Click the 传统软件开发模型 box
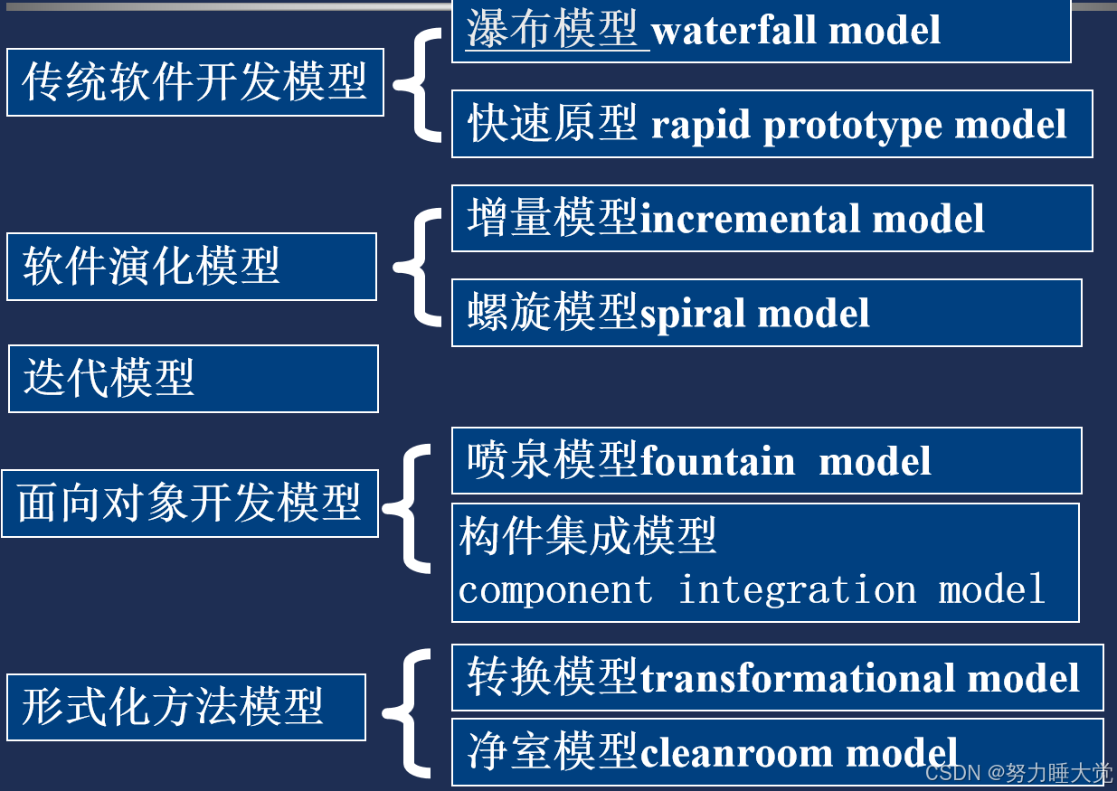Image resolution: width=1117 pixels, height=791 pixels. coord(194,82)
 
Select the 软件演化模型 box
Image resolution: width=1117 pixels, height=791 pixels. coord(191,267)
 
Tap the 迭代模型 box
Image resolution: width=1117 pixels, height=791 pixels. coord(193,378)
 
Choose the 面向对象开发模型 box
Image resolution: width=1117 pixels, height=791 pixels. coord(189,503)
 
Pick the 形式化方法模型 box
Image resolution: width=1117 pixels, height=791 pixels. coord(185,707)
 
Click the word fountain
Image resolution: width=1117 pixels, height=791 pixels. coord(717,461)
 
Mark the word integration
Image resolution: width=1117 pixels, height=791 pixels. coord(797,590)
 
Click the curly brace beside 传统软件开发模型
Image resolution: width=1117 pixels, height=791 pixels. coord(417,83)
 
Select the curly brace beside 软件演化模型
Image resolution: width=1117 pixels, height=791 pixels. coord(417,267)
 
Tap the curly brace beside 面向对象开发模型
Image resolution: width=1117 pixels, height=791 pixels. coord(408,508)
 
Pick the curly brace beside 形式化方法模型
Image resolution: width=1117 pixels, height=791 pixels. coord(408,712)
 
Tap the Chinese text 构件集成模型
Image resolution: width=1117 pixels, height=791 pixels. coord(588,536)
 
